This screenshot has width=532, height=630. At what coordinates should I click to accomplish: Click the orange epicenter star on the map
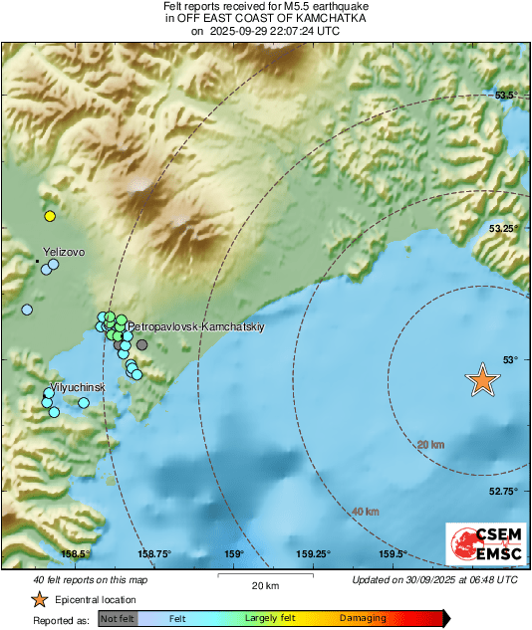point(482,379)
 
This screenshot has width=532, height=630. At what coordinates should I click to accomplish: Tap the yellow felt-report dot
point(49,216)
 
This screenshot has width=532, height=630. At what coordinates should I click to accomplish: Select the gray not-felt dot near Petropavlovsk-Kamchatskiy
point(141,344)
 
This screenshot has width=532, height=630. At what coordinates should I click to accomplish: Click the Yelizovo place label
point(64,253)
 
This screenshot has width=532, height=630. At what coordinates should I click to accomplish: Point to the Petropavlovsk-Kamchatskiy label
point(196,326)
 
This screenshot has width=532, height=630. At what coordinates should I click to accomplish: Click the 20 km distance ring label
point(430,444)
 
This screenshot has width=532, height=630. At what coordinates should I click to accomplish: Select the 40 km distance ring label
point(366,512)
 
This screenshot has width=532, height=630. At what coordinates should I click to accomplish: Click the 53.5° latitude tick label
point(507,96)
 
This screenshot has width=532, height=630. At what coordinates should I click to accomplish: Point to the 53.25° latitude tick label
point(505,228)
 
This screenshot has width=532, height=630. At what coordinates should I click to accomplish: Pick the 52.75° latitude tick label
point(505,491)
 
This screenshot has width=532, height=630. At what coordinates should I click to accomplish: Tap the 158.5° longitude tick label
point(76,554)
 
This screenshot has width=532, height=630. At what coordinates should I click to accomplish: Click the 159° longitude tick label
point(234,554)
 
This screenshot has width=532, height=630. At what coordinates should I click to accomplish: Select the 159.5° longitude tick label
point(393,554)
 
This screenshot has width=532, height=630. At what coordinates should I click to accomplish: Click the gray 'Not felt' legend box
point(118,619)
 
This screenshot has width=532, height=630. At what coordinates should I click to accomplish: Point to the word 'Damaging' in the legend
point(363,619)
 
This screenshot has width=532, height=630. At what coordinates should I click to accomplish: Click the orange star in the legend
point(39,599)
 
